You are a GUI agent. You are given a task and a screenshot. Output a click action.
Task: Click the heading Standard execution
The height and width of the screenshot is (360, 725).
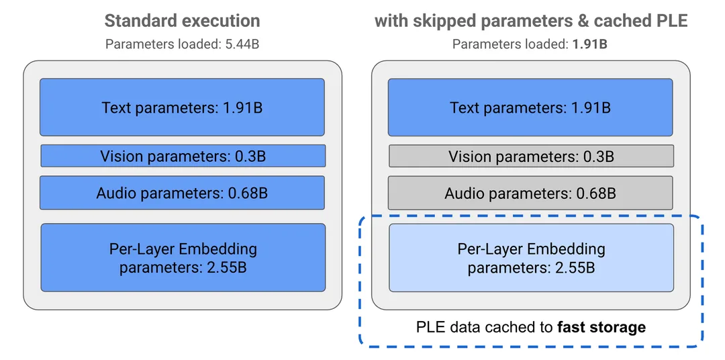182,21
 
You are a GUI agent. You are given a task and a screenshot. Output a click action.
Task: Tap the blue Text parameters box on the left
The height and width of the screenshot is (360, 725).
182,107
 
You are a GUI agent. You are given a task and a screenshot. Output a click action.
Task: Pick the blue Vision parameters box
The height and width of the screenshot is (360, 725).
183,156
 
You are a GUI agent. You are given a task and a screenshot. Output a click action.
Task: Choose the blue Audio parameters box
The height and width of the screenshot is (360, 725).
182,193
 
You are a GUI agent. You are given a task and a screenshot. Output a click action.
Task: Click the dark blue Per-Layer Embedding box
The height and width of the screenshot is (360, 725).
183,258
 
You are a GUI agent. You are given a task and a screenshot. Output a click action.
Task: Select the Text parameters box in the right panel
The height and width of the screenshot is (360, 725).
530,107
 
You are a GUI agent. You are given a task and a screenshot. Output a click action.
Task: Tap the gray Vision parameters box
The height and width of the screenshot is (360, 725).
531,156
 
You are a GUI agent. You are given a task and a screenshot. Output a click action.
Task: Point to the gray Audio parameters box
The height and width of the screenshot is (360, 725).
530,193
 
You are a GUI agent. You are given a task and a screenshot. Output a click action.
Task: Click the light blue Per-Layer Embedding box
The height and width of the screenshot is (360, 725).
531,258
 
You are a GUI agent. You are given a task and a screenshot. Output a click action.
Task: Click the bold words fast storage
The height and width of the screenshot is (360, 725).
601,327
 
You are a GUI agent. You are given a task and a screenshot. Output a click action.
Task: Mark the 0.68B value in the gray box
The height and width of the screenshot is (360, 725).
596,193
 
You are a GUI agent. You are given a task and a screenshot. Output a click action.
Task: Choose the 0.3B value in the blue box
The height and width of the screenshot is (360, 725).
250,156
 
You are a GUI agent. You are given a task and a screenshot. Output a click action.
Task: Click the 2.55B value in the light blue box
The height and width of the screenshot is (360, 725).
575,268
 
